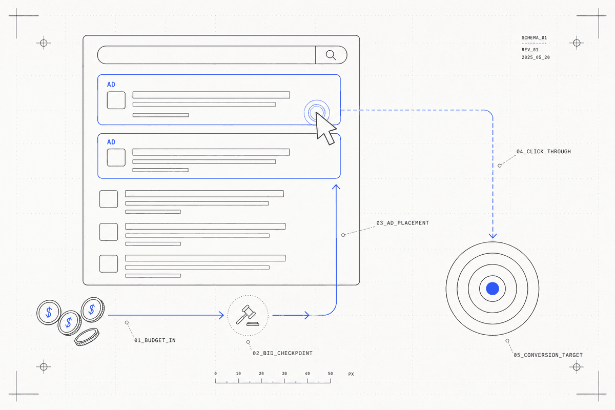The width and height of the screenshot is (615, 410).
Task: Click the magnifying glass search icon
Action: pos(331,55)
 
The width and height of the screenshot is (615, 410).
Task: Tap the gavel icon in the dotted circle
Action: pos(248,316)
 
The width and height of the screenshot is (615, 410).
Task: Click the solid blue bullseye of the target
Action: pos(493,289)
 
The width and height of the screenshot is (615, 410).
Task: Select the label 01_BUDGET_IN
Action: pos(155,340)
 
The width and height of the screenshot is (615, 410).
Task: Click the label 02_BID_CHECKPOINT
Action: pos(282,353)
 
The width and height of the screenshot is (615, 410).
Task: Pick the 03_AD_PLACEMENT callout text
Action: pos(402,223)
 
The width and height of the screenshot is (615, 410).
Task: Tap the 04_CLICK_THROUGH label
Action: pos(544,152)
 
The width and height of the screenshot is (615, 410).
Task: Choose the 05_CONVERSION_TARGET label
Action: pos(548,355)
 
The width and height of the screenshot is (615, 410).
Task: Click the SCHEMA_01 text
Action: pos(534,37)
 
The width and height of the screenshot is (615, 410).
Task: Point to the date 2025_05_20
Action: pos(536,57)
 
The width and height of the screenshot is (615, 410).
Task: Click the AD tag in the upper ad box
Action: pos(111,85)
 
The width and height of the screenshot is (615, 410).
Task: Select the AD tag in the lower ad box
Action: pos(111,142)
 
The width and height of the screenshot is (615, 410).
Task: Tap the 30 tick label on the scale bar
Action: pos(284,374)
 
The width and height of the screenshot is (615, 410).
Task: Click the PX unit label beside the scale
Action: pos(351,374)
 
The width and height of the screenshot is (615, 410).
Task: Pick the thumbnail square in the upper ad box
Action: pos(116,100)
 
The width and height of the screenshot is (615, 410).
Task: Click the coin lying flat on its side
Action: pos(87,337)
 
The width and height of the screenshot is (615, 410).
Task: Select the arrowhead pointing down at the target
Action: pos(493,236)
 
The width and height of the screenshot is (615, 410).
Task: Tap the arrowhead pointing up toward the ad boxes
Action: pos(336,187)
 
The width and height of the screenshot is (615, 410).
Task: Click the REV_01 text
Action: pos(530,50)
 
